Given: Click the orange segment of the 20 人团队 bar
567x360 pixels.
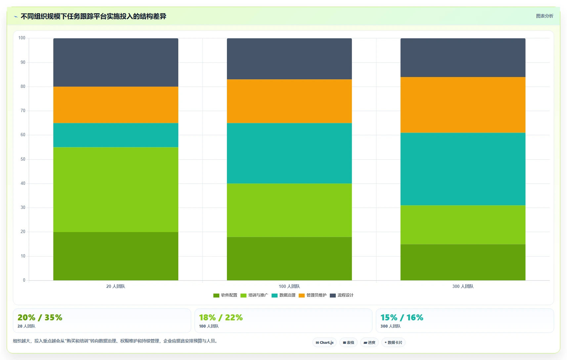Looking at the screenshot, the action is click(x=116, y=105).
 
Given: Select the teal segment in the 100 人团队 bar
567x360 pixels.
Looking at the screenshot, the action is click(x=289, y=153).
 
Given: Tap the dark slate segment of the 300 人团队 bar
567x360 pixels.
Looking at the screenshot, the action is click(x=463, y=58).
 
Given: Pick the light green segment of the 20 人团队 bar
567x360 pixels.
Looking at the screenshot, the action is click(x=116, y=190).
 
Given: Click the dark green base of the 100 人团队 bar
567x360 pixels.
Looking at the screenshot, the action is click(x=289, y=259).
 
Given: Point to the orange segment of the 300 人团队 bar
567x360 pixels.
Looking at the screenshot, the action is click(x=463, y=105).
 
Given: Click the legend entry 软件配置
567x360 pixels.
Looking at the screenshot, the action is click(x=225, y=295).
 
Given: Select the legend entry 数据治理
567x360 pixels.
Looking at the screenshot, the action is click(x=283, y=295).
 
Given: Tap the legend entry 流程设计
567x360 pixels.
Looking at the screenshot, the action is click(x=342, y=295).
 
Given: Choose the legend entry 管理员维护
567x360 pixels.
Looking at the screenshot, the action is click(x=313, y=295).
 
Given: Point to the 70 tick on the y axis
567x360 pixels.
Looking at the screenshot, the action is click(x=23, y=110).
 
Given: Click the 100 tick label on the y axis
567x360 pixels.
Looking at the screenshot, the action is click(x=22, y=38).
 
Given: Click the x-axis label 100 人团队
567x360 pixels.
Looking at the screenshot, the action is click(x=289, y=286).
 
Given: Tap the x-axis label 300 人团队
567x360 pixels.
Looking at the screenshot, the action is click(x=463, y=286).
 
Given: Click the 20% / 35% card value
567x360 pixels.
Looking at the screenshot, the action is click(x=40, y=317).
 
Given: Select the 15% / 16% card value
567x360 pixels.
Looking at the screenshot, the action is click(x=402, y=317).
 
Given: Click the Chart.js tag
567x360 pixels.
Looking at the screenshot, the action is click(x=325, y=342).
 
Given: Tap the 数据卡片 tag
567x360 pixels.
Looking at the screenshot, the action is click(x=393, y=342).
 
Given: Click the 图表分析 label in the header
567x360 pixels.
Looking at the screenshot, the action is click(x=545, y=16).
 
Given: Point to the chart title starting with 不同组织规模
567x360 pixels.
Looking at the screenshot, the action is click(x=93, y=17).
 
